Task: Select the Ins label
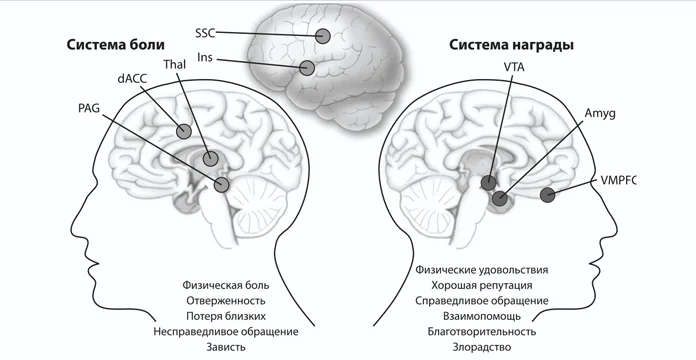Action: coord(204,59)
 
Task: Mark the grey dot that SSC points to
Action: coord(323,37)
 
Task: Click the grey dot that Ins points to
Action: coord(308,69)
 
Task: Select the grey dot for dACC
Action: coord(184,131)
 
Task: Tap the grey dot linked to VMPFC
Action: coord(548,195)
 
